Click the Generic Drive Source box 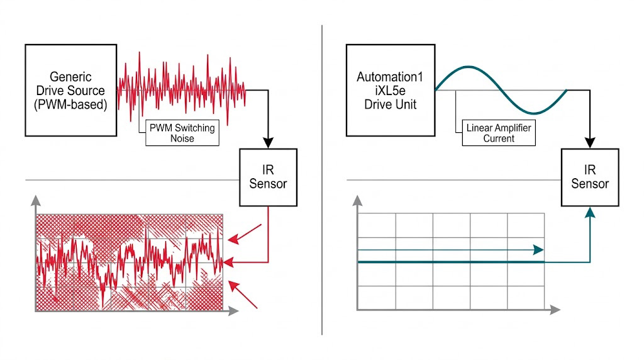pos(71,89)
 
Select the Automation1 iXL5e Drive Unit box pos(390,89)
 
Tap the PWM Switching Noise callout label pos(182,133)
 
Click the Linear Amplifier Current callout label pos(499,133)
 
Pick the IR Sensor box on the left pos(268,177)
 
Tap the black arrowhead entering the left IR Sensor pos(269,142)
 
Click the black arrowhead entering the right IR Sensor pos(591,142)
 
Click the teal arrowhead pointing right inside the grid pos(538,250)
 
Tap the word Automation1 pos(390,77)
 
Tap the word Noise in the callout pos(182,138)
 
